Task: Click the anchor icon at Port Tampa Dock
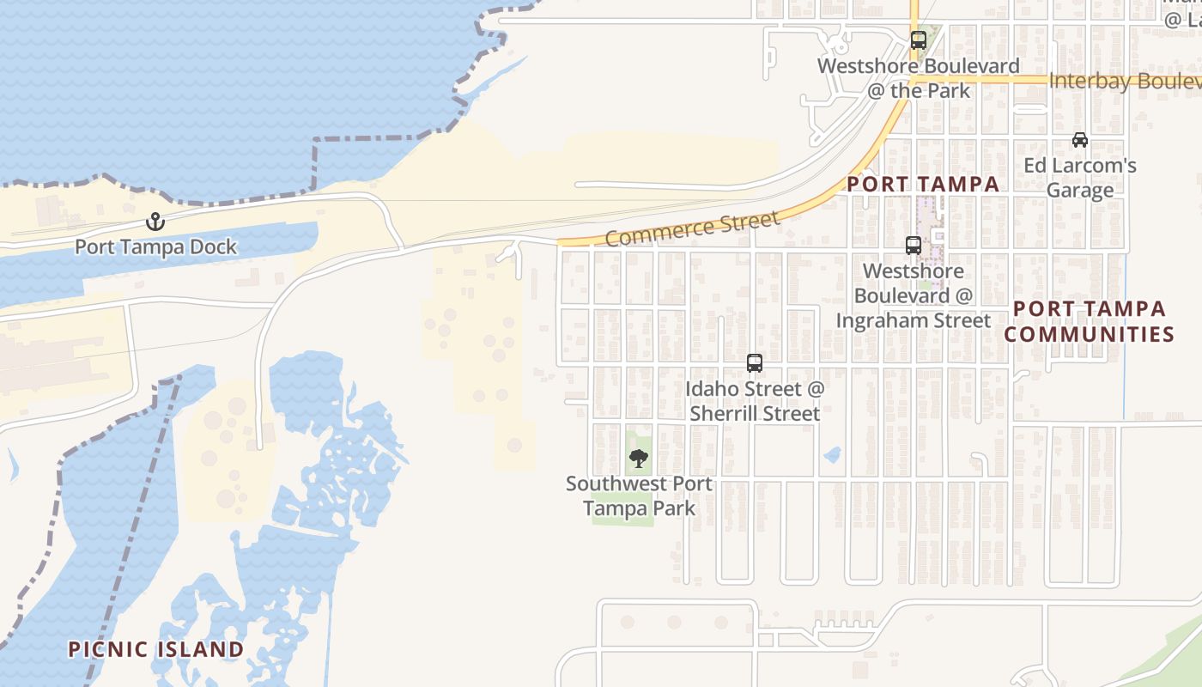click(x=155, y=222)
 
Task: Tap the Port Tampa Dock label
click(x=155, y=247)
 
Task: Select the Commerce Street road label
click(x=692, y=228)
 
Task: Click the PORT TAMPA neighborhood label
click(x=923, y=184)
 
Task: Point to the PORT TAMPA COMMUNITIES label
click(x=1089, y=321)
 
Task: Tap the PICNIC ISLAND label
click(x=156, y=649)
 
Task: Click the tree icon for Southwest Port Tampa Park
click(x=638, y=458)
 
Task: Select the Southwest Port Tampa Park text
click(x=639, y=496)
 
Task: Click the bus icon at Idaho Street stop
click(x=754, y=363)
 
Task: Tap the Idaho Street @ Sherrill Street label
click(x=754, y=401)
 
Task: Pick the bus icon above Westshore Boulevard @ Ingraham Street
click(x=913, y=246)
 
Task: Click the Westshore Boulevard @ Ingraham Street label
click(x=914, y=295)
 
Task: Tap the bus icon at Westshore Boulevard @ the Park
click(x=918, y=40)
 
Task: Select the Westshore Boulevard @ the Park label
click(x=918, y=78)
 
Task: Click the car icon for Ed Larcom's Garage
click(x=1079, y=140)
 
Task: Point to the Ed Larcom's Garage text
click(x=1080, y=178)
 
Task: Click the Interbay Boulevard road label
click(x=1125, y=82)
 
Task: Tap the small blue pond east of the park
click(x=831, y=455)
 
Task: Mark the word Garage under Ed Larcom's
click(x=1080, y=191)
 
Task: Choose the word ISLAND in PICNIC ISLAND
click(x=199, y=649)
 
